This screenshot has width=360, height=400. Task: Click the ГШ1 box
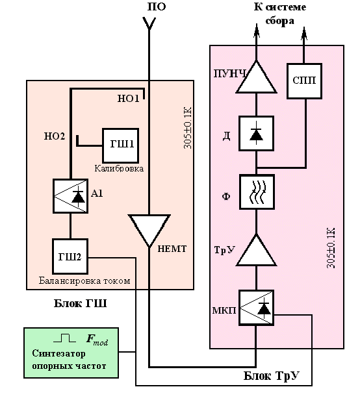(120, 145)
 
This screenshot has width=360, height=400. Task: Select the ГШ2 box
(70, 256)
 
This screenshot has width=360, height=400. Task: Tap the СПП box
(304, 81)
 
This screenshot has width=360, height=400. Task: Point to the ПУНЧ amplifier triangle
(256, 78)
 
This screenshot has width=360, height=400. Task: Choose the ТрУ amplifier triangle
(256, 251)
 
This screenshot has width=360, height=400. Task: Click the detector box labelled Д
(256, 133)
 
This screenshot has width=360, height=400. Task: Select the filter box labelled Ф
(257, 192)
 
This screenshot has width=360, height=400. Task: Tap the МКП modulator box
(256, 307)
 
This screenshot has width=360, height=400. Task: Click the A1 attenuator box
(70, 196)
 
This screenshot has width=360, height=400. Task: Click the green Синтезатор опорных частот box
(71, 353)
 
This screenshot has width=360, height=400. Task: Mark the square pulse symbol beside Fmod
(64, 338)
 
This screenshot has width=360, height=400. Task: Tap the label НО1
(129, 99)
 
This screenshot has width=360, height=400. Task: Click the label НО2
(55, 136)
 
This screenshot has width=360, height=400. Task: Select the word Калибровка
(119, 169)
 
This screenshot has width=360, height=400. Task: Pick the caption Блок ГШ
(80, 303)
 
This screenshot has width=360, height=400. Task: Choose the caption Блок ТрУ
(271, 376)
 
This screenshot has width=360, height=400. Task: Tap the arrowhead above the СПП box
(304, 34)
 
